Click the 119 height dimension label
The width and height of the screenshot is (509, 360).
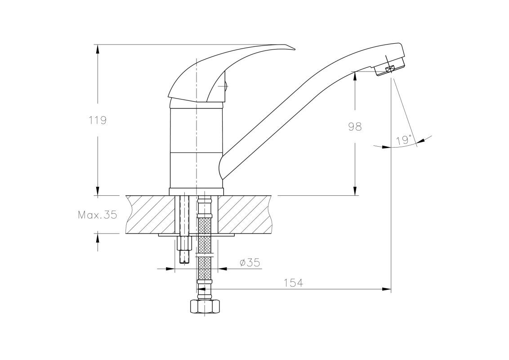click(x=98, y=121)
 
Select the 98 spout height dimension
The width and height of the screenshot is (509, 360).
click(x=355, y=126)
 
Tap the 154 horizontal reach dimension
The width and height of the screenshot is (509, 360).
click(x=294, y=283)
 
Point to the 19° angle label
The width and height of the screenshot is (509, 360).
click(x=403, y=140)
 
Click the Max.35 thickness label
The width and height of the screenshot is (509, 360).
click(x=98, y=215)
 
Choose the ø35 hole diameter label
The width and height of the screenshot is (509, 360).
click(x=250, y=262)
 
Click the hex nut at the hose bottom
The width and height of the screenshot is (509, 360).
click(x=205, y=307)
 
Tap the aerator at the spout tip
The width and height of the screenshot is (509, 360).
click(x=390, y=68)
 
